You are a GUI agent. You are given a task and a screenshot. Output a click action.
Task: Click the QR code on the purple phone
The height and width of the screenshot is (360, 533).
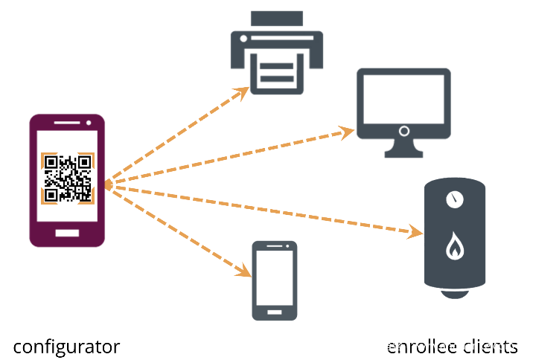(x=68, y=178)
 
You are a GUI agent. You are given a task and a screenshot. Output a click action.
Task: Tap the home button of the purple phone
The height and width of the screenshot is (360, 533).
(x=67, y=233)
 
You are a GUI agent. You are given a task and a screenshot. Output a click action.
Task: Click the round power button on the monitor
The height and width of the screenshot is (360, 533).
(x=403, y=131)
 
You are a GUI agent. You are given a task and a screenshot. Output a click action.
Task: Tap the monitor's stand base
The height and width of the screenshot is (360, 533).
(x=403, y=153)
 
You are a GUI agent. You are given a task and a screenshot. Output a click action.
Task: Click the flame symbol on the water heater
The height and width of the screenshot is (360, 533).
(x=453, y=248)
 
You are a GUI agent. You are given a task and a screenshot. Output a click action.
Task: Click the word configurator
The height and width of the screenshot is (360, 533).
(x=66, y=347)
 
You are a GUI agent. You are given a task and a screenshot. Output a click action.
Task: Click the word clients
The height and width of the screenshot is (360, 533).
(x=491, y=347)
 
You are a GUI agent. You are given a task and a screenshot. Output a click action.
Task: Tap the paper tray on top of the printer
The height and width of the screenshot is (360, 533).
(x=276, y=19)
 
